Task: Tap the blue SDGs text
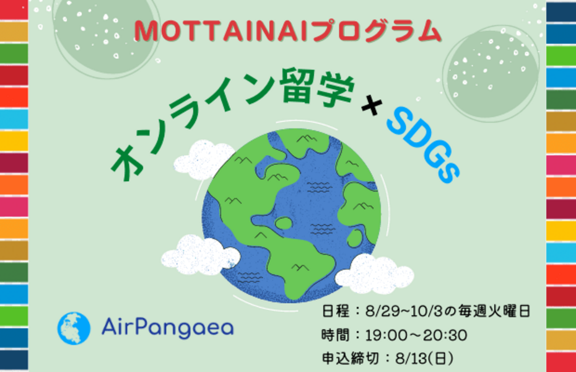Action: pyautogui.click(x=423, y=145)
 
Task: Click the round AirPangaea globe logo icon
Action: pyautogui.click(x=74, y=328)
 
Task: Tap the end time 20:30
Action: pyautogui.click(x=445, y=335)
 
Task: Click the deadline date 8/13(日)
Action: pyautogui.click(x=424, y=358)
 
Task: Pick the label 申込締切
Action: pyautogui.click(x=350, y=358)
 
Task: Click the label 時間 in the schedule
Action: pyautogui.click(x=336, y=335)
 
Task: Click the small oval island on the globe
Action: pyautogui.click(x=284, y=223)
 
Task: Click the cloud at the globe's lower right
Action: pyautogui.click(x=375, y=274)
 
